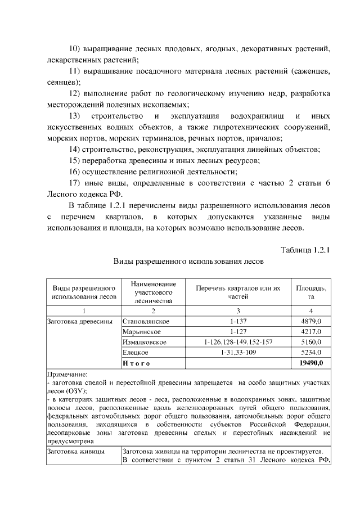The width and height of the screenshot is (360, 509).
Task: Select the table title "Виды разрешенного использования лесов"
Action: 188,262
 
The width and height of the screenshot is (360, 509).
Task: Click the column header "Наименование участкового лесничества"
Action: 152,292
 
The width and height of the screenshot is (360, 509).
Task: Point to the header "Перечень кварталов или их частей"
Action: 238,292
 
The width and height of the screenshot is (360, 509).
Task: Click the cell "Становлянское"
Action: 146,321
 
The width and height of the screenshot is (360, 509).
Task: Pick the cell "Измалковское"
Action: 144,342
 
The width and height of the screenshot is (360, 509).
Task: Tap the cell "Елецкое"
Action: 135,353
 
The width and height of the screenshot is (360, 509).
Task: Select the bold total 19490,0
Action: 310,363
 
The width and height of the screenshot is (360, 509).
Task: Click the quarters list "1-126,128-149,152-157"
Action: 238,342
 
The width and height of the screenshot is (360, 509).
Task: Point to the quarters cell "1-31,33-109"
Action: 238,353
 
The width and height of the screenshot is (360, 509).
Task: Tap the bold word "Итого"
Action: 136,363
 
